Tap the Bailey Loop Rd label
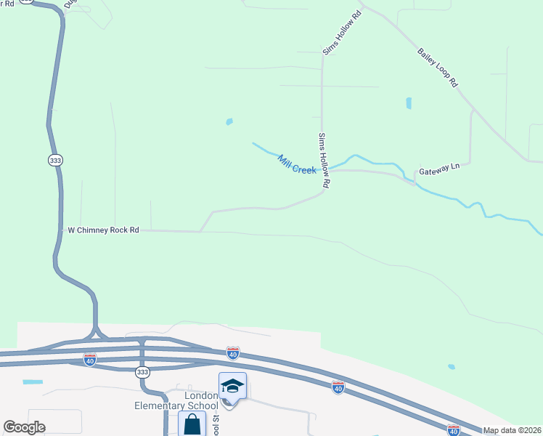(x=438, y=68)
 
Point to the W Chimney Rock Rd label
(x=103, y=230)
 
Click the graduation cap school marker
(x=232, y=386)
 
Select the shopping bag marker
(x=192, y=424)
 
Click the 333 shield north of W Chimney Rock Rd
(x=55, y=160)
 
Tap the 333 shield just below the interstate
(x=142, y=372)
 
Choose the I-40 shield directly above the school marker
(x=233, y=353)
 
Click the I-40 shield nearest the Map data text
(x=454, y=430)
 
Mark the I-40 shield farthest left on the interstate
(x=90, y=360)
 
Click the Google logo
(x=24, y=427)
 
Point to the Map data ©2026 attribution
(x=513, y=430)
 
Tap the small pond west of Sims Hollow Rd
(x=229, y=121)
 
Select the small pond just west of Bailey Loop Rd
(x=409, y=103)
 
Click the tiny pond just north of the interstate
(x=452, y=367)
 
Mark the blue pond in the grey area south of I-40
(x=33, y=381)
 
